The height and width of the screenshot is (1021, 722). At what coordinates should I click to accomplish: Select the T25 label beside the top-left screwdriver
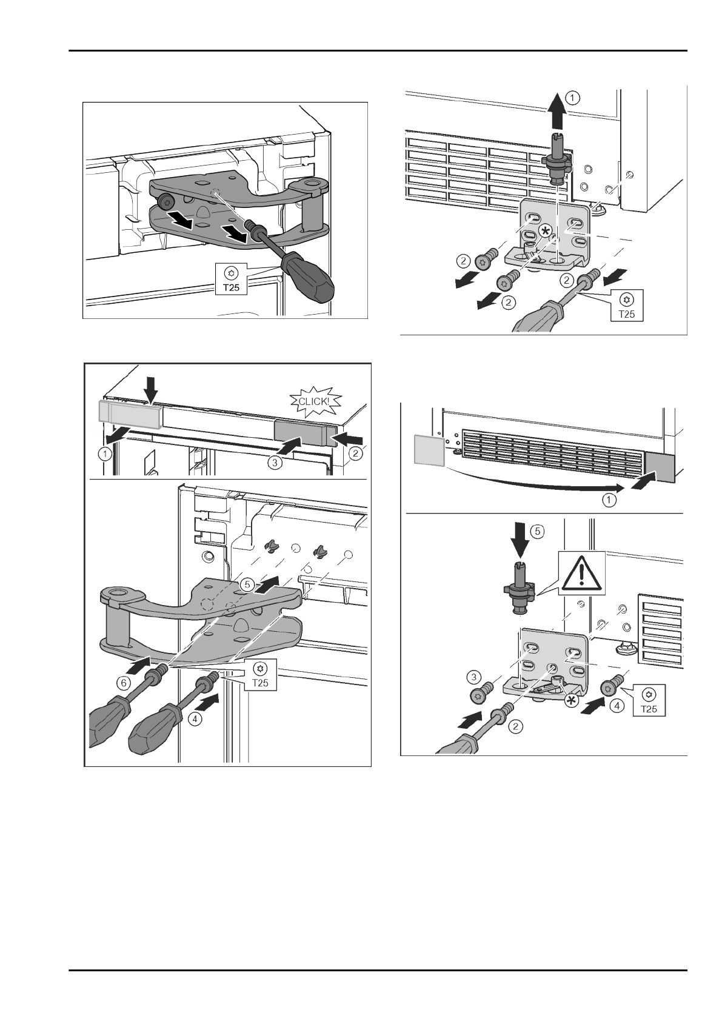tap(231, 280)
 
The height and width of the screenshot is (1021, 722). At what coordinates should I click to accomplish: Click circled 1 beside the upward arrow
tap(573, 96)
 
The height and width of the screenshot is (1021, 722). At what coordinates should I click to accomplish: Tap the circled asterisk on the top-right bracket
tap(546, 232)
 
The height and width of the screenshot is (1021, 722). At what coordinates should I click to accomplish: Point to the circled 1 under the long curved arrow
tap(609, 501)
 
